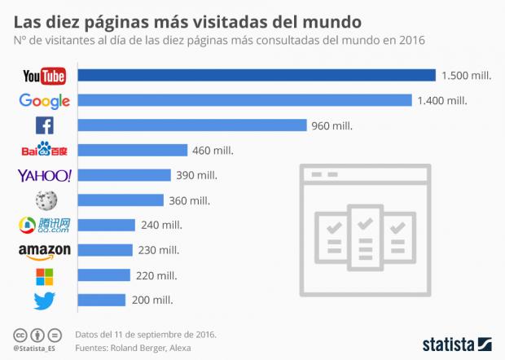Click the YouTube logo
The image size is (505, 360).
pyautogui.click(x=44, y=76)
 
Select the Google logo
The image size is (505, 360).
pyautogui.click(x=44, y=101)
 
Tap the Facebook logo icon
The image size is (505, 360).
pyautogui.click(x=44, y=125)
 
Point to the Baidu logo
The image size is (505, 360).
pyautogui.click(x=44, y=151)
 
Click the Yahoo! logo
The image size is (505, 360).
pyautogui.click(x=44, y=175)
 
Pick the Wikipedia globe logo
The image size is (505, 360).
pyautogui.click(x=44, y=200)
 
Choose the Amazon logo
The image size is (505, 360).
pyautogui.click(x=44, y=250)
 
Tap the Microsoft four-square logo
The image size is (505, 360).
pyautogui.click(x=44, y=275)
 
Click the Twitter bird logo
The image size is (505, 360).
pyautogui.click(x=44, y=301)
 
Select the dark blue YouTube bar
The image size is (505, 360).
pyautogui.click(x=257, y=76)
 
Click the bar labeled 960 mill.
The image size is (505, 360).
pyautogui.click(x=192, y=125)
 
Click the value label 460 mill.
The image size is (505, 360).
pyautogui.click(x=213, y=151)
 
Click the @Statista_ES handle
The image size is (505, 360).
pyautogui.click(x=36, y=348)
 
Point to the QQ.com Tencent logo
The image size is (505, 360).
pyautogui.click(x=44, y=226)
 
